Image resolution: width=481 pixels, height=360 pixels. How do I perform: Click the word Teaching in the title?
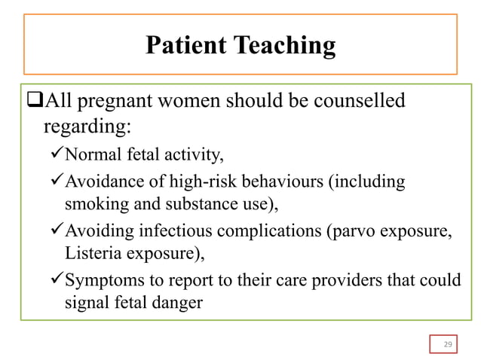tap(286, 47)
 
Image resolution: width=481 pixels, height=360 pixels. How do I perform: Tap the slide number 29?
tap(447, 344)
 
